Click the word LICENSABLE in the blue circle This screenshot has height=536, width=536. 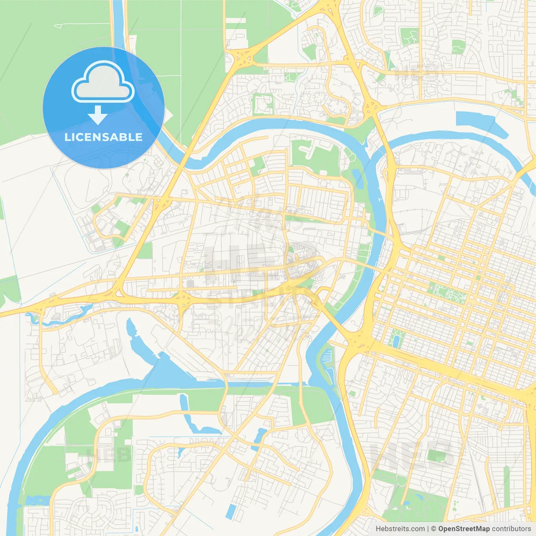tap(103, 137)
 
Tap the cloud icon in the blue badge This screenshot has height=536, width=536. tap(103, 82)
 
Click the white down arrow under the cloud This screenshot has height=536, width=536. tap(98, 116)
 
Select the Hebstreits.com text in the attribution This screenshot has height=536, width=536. tap(400, 529)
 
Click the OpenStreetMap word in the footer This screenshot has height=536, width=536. tap(464, 529)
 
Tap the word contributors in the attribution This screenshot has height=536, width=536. tap(511, 529)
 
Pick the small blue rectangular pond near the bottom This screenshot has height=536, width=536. tap(231, 511)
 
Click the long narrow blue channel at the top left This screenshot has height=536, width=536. tap(119, 25)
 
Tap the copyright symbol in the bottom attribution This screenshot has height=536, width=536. tap(434, 529)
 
